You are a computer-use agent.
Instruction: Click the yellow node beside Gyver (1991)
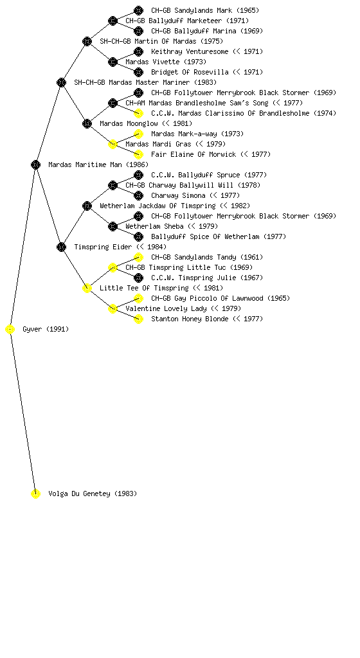[10, 330]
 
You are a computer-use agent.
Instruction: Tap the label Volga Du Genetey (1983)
[93, 494]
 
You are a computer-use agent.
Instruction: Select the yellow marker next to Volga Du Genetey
[35, 494]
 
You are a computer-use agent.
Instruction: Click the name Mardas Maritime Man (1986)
[98, 165]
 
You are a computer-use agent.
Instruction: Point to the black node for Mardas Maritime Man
[35, 165]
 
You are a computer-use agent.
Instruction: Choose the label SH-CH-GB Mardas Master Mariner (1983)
[145, 83]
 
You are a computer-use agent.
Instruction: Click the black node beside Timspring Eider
[61, 247]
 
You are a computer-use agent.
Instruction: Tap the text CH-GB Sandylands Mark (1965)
[205, 10]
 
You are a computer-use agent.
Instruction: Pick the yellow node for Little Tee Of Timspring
[87, 289]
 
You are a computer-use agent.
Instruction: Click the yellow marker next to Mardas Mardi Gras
[113, 145]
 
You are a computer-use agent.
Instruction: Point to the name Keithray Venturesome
[190, 51]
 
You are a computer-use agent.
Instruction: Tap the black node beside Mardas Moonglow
[87, 124]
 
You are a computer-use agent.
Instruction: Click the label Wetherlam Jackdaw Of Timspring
[157, 206]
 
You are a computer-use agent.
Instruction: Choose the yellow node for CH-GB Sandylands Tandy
[138, 257]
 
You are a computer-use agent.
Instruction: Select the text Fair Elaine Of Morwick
[194, 154]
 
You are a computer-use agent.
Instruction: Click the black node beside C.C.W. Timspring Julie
[138, 278]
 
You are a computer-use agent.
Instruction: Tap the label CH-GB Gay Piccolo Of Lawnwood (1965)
[221, 298]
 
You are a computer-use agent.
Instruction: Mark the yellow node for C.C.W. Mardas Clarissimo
[138, 113]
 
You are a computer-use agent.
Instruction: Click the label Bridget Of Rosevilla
[190, 72]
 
